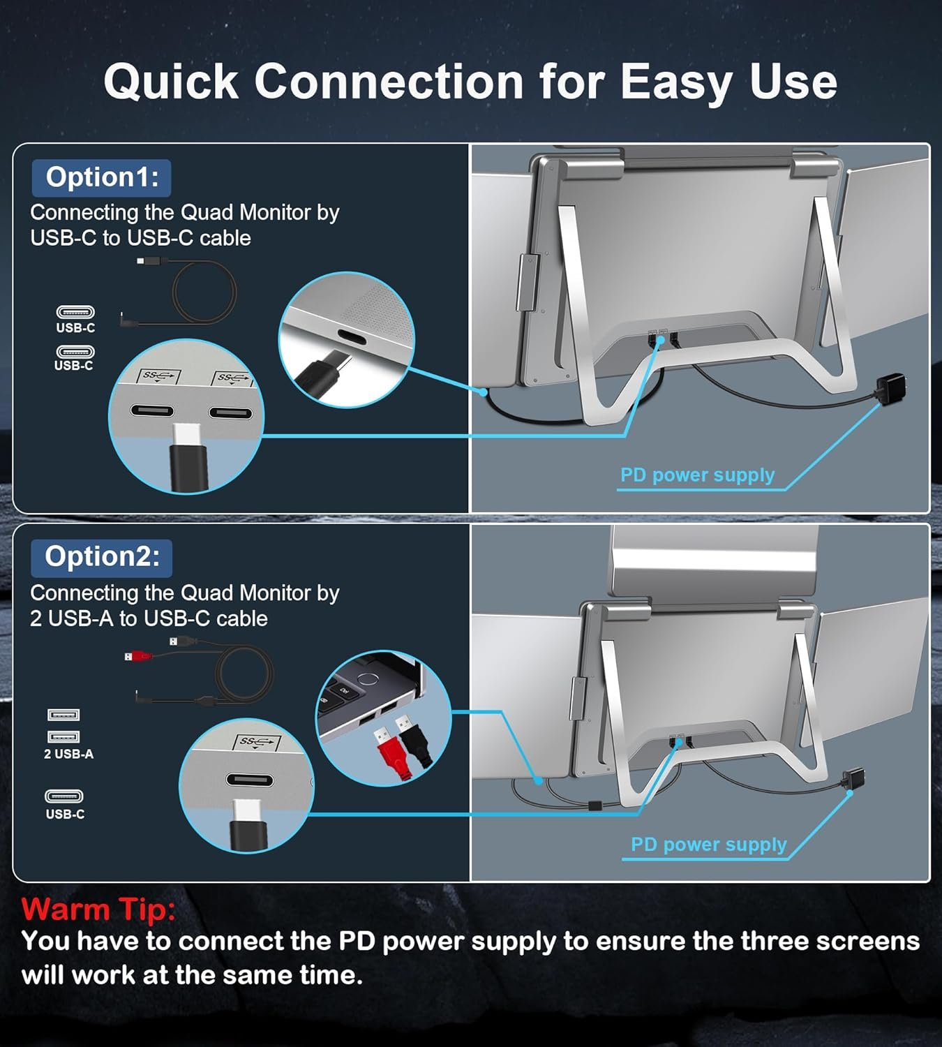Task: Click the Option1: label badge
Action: (x=101, y=178)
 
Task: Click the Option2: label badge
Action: (x=101, y=558)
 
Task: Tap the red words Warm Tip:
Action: (x=98, y=909)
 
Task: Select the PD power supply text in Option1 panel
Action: (x=697, y=475)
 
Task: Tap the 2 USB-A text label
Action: (x=69, y=754)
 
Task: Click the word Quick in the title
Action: (x=171, y=82)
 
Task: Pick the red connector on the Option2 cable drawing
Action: (x=137, y=656)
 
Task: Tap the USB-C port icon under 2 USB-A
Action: (x=64, y=796)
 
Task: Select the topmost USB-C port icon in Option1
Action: (x=75, y=312)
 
